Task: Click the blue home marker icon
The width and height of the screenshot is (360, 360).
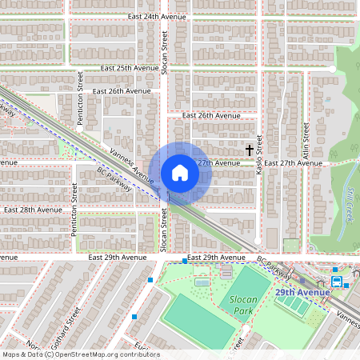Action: [179, 173]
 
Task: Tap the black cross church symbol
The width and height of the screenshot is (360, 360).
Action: [249, 150]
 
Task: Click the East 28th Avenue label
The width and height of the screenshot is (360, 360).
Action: [33, 209]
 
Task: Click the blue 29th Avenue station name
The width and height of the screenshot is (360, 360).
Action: [302, 293]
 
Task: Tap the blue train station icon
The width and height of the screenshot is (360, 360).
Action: [337, 282]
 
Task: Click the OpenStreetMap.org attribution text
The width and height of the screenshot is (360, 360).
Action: [105, 354]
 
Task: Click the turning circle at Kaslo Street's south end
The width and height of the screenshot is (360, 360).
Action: [258, 240]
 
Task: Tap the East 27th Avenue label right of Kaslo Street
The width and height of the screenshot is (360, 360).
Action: [293, 162]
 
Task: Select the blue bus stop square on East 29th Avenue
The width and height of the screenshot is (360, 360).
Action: [184, 260]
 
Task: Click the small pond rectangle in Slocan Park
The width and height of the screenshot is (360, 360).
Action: [202, 282]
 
